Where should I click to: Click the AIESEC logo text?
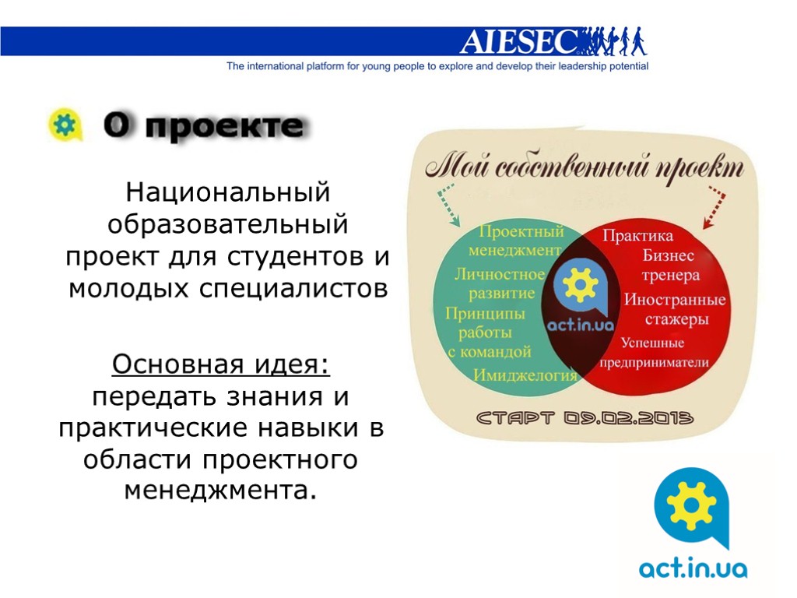click(x=520, y=41)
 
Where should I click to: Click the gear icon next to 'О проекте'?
click(x=64, y=125)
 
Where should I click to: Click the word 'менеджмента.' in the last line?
click(x=221, y=491)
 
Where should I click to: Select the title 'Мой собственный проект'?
click(x=584, y=167)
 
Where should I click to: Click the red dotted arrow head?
click(x=707, y=223)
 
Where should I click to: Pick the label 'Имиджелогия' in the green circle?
click(x=525, y=375)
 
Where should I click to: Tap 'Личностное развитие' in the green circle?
click(x=500, y=283)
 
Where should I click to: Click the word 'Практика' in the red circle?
click(x=637, y=235)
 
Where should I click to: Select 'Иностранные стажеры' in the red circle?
click(x=674, y=310)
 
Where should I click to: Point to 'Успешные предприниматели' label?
click(x=653, y=353)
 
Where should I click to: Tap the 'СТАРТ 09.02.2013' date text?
click(x=585, y=419)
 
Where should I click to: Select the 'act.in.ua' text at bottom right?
click(x=693, y=569)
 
